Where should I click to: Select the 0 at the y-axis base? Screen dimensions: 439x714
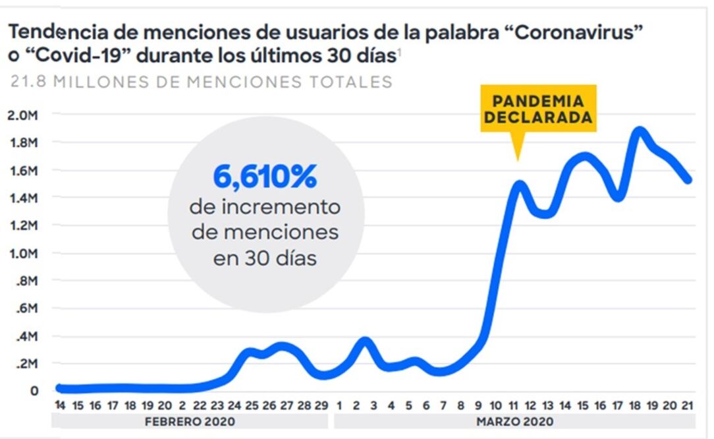coord(34,392)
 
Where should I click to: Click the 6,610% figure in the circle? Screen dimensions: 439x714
coord(265,177)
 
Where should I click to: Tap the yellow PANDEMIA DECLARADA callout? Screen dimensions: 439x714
coord(538,109)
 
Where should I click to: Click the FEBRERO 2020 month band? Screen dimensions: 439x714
coord(189,421)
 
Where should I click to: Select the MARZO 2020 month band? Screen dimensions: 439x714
coord(514,421)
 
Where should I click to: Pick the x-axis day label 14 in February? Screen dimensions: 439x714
coord(60,405)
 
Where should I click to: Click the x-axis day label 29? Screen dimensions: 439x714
coord(321,405)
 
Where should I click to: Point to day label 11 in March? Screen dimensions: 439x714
coord(514,405)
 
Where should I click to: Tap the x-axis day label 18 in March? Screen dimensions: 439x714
coord(635,405)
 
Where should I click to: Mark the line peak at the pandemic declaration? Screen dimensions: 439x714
coord(519,185)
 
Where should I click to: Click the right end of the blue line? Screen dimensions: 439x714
coord(688,179)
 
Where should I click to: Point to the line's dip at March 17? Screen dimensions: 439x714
coord(618,196)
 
